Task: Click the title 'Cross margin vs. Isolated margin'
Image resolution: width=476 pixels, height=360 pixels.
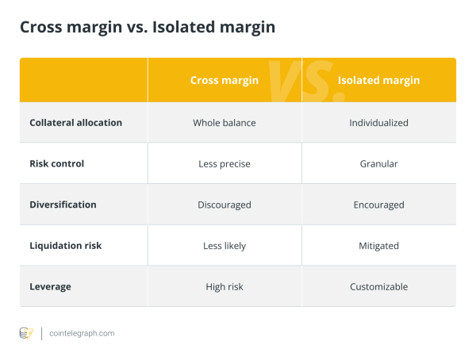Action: coord(148,28)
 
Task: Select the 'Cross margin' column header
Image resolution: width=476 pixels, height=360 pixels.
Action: coord(225,80)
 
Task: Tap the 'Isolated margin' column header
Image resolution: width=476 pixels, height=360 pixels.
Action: coord(378,80)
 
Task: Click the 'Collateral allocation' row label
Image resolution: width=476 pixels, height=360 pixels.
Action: coord(75,123)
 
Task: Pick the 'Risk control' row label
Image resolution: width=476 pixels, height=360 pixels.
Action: coord(56,163)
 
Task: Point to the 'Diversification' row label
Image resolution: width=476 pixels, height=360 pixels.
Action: coord(63,205)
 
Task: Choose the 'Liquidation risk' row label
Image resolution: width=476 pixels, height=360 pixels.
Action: coord(66,246)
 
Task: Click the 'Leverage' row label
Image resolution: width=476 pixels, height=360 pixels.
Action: coord(51,286)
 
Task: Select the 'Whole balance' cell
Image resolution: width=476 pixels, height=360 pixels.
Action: coord(225,123)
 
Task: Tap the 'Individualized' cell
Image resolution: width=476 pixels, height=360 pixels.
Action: coord(378,123)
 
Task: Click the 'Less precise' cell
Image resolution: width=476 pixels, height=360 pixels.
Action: coord(225,164)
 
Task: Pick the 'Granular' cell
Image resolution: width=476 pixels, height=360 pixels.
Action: coord(378,164)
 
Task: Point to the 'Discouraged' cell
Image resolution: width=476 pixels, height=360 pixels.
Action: coord(225,205)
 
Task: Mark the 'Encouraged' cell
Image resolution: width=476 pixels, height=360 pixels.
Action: coord(378,205)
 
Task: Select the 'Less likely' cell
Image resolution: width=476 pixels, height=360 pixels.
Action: coord(225,246)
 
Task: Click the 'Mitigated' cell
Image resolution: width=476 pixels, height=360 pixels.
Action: coord(378,246)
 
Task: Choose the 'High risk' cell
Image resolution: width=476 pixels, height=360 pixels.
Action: coord(225,286)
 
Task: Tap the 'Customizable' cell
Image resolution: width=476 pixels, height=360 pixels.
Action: coord(378,286)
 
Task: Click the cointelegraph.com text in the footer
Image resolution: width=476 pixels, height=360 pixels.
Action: coord(82,333)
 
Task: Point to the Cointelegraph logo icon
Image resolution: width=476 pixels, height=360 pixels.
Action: coord(26,333)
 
